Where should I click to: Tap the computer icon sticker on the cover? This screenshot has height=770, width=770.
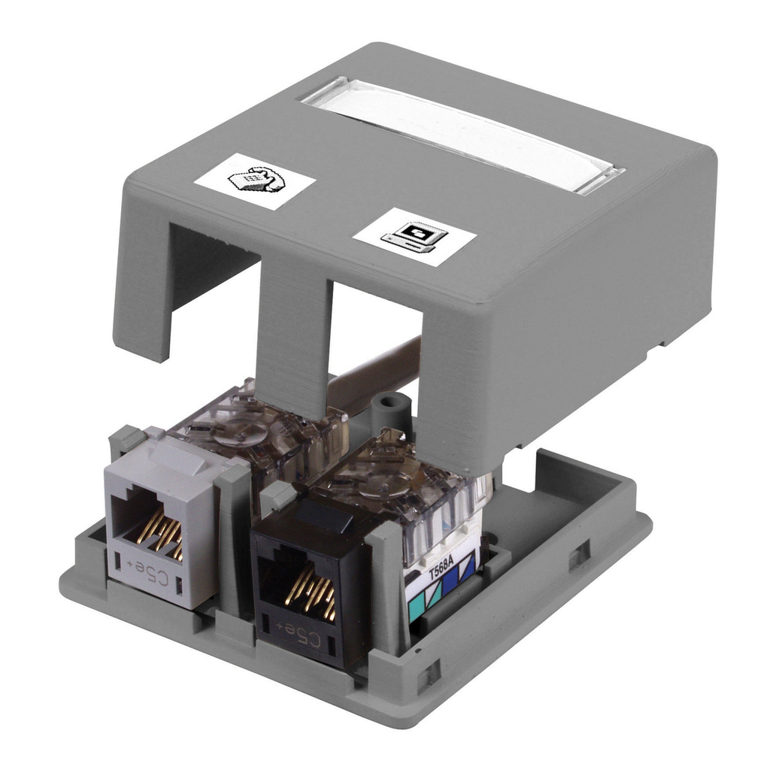click(x=415, y=236)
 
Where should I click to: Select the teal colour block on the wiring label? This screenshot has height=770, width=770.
click(x=416, y=606)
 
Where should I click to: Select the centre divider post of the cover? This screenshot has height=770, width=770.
click(x=293, y=331)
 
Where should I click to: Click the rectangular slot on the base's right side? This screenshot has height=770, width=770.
click(x=579, y=555)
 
